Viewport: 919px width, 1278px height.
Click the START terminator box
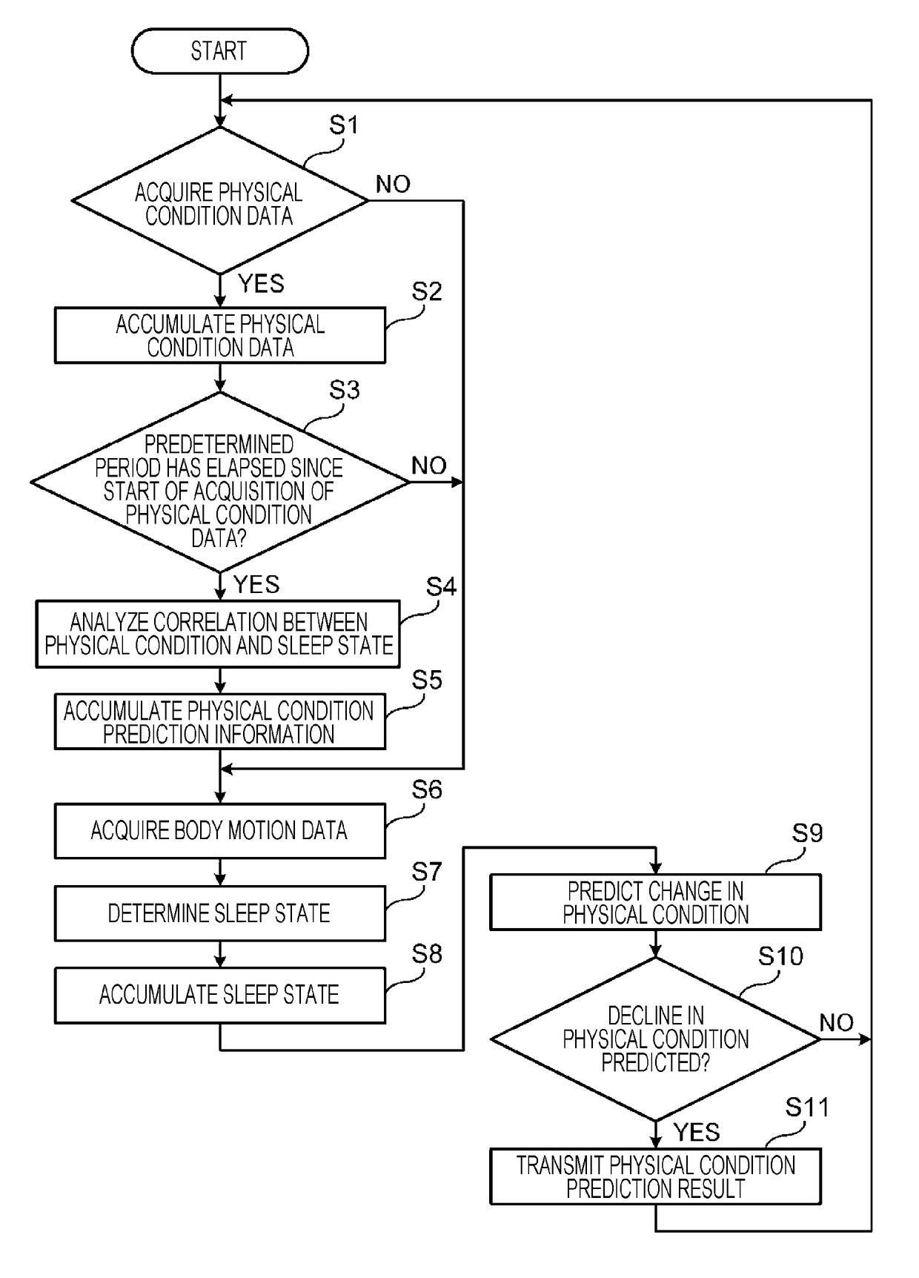point(219,51)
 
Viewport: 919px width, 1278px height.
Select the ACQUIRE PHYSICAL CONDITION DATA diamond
point(219,201)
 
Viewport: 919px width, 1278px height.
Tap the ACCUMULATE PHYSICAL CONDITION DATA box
point(220,336)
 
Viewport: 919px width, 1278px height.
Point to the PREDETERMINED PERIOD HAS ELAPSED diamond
point(219,483)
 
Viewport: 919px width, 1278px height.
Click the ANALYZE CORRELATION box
point(218,635)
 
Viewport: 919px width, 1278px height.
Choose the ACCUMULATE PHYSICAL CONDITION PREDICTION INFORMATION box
point(220,722)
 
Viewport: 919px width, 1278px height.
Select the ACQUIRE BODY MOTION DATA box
point(220,831)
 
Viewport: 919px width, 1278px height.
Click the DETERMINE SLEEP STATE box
point(220,913)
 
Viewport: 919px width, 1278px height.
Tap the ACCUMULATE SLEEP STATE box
point(220,996)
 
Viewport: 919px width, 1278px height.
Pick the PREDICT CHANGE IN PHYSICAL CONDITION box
point(656,903)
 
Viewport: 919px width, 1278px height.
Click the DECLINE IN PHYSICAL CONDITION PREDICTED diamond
point(656,1039)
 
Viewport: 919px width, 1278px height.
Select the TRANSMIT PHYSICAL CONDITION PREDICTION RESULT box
point(656,1176)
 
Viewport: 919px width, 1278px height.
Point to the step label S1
point(344,125)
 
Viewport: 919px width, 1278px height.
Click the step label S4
point(441,587)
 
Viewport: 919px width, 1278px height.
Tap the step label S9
point(807,833)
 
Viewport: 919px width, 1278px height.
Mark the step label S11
point(807,1108)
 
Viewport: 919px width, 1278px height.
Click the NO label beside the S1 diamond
point(393,184)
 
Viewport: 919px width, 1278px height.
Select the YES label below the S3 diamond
point(256,584)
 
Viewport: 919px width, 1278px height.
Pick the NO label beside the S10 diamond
point(837,1023)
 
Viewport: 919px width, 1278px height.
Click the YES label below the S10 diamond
point(697,1132)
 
